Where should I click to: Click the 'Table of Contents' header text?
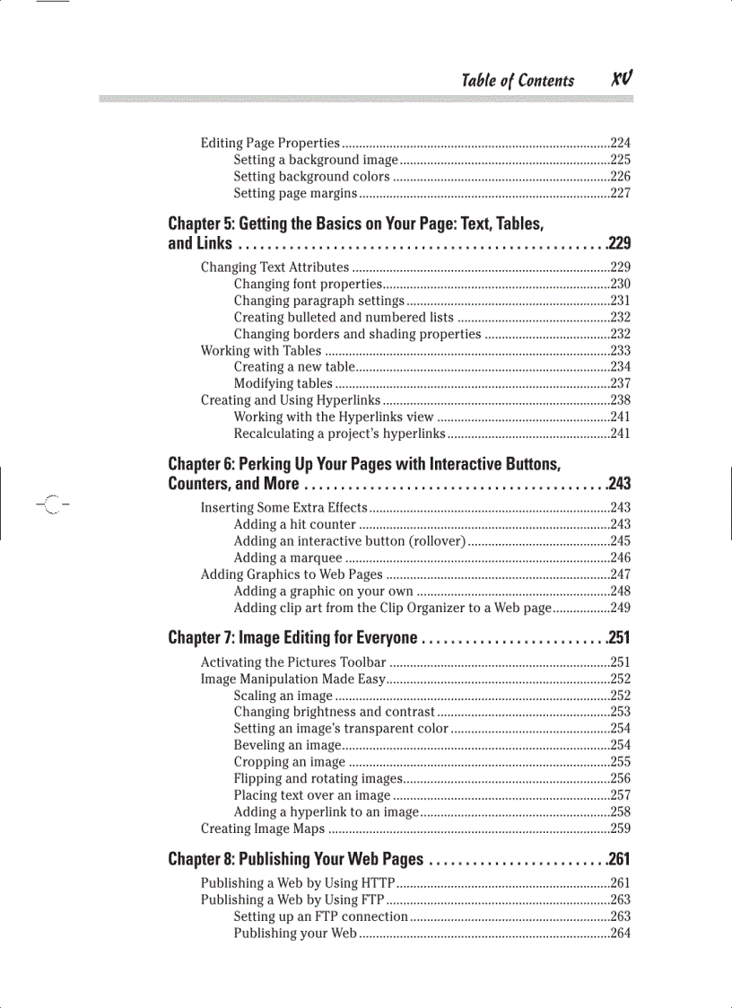coord(518,81)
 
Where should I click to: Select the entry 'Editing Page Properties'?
coord(270,144)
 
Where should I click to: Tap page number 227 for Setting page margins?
coord(620,194)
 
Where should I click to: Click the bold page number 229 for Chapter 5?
coord(619,243)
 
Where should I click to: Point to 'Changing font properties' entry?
coord(309,285)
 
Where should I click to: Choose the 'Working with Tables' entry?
coord(261,351)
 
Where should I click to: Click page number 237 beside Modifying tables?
coord(620,384)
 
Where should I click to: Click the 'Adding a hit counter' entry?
coord(294,524)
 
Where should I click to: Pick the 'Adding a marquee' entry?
coord(288,558)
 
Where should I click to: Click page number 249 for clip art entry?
coord(620,609)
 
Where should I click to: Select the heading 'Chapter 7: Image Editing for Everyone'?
coord(292,638)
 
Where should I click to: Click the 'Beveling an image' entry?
coord(287,746)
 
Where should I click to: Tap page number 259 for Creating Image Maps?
coord(620,829)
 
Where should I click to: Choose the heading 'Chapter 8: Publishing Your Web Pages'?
coord(295,860)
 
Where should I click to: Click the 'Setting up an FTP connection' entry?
coord(320,917)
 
